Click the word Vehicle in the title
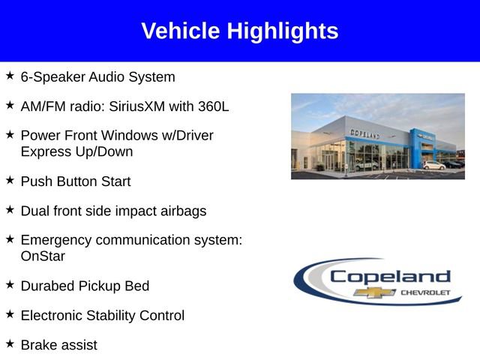(181, 31)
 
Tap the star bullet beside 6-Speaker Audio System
(10, 76)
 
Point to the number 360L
(214, 106)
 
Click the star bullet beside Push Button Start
(10, 181)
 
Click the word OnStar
(43, 256)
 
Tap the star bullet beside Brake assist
(10, 343)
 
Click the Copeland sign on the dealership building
(365, 133)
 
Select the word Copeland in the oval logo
(390, 276)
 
